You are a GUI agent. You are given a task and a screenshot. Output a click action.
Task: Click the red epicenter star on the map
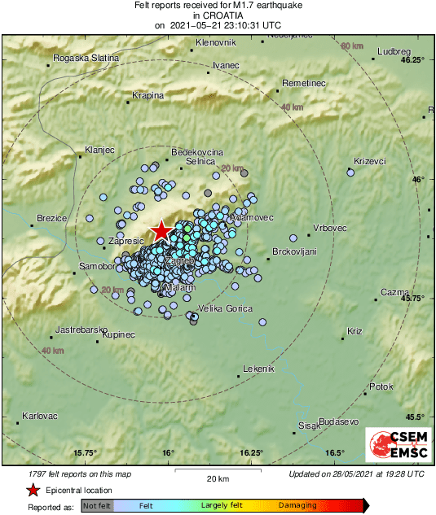click(x=162, y=230)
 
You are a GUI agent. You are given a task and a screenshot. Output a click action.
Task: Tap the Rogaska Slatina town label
click(x=86, y=58)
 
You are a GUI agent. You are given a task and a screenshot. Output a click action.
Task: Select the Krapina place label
click(x=148, y=95)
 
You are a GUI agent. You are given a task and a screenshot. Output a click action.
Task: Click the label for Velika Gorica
click(x=227, y=308)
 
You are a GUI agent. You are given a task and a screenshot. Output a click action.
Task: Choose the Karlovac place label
click(x=40, y=416)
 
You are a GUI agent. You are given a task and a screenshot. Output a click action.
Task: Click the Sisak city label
click(x=308, y=426)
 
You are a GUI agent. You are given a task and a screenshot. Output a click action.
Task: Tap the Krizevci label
click(x=370, y=161)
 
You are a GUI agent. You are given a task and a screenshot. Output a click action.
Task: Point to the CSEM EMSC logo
click(x=396, y=447)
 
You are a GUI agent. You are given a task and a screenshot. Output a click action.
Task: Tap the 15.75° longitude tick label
click(x=86, y=453)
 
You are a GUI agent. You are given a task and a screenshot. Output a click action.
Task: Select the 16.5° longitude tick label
click(x=334, y=453)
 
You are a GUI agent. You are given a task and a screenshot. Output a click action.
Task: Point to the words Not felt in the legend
click(x=97, y=506)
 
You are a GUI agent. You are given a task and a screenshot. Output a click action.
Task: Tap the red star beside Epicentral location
click(x=33, y=490)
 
